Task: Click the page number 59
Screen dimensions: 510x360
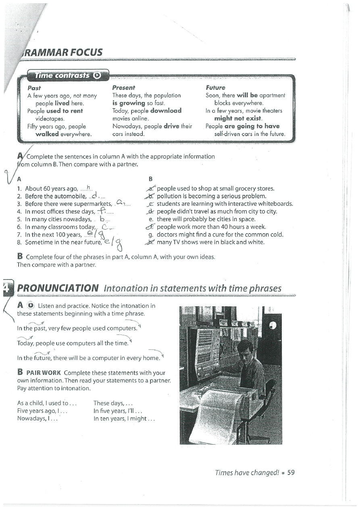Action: coord(291,472)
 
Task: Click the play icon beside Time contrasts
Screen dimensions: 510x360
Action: coord(97,75)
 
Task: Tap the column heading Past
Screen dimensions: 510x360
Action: coord(34,88)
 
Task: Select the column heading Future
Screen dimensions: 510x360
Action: coord(215,88)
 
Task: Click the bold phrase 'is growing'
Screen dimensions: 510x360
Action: coord(129,103)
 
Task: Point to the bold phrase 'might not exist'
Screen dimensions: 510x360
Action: coord(238,118)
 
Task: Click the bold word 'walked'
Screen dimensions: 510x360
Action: coord(48,134)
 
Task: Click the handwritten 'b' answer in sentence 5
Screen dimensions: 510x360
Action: coord(102,219)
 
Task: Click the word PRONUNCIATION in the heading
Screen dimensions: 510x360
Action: coord(58,288)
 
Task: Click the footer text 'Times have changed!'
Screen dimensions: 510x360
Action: coord(247,472)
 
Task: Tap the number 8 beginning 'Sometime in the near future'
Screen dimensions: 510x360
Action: coord(19,242)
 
